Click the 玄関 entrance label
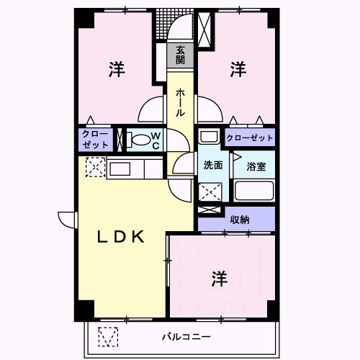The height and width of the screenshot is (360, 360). click(x=180, y=55)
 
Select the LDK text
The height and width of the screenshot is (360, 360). click(x=122, y=236)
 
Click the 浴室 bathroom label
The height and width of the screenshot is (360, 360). click(x=256, y=166)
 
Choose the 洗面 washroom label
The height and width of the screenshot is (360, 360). click(x=212, y=165)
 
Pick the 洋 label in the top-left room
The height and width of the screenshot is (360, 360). click(x=117, y=70)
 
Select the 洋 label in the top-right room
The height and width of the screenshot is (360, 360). click(x=238, y=70)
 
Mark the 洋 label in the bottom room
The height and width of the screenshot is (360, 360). click(x=220, y=279)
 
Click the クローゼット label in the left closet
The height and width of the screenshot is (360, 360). click(x=95, y=140)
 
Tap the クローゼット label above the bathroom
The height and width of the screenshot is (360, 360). click(x=250, y=138)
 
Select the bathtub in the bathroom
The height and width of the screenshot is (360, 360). click(x=254, y=192)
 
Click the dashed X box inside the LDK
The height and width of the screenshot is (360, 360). click(x=95, y=167)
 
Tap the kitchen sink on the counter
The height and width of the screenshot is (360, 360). click(x=119, y=169)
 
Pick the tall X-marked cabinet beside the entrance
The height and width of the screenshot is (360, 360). click(x=205, y=30)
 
